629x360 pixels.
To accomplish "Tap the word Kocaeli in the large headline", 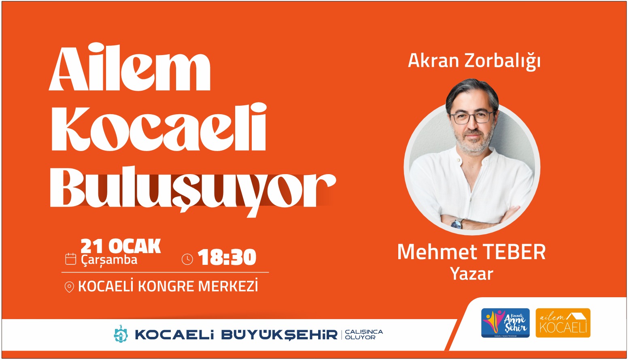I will point(159,128).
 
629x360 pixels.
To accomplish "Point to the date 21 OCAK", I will point(120,246).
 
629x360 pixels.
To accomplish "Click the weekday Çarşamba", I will point(109,260).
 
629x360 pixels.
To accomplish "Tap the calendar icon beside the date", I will point(71,259).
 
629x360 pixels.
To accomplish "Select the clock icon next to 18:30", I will point(187,259).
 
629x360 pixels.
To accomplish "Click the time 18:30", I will point(227,258).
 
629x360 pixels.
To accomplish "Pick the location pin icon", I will point(69,287).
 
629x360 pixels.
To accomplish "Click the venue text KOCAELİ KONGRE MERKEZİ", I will point(168,287).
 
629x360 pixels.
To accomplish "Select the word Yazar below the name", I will point(472,274).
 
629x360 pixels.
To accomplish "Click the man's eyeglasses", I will point(472,117).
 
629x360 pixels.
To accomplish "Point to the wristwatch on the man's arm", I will point(457,224).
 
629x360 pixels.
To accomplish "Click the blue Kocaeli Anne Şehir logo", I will point(505,323).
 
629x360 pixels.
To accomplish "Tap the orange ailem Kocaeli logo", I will point(563,323).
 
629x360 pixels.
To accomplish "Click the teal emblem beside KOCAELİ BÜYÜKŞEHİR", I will point(121,334).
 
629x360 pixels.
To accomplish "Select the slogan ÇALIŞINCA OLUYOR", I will point(363,334).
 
